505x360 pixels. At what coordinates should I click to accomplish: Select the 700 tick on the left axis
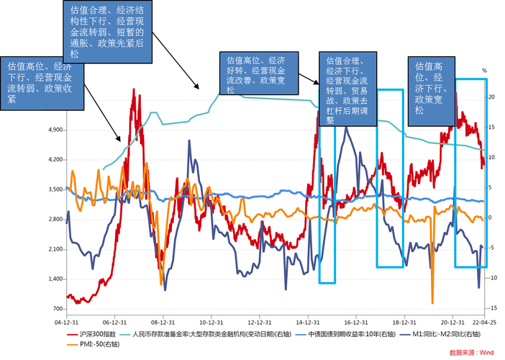[57, 309]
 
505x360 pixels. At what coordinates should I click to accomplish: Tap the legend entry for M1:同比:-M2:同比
[437, 335]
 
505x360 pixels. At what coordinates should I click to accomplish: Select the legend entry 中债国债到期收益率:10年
[342, 335]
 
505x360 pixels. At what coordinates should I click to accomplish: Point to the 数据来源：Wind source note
[470, 353]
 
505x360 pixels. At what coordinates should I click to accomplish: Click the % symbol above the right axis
[485, 71]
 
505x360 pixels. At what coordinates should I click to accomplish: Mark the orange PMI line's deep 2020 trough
[432, 302]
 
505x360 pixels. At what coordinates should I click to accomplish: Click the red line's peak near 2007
[135, 90]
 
